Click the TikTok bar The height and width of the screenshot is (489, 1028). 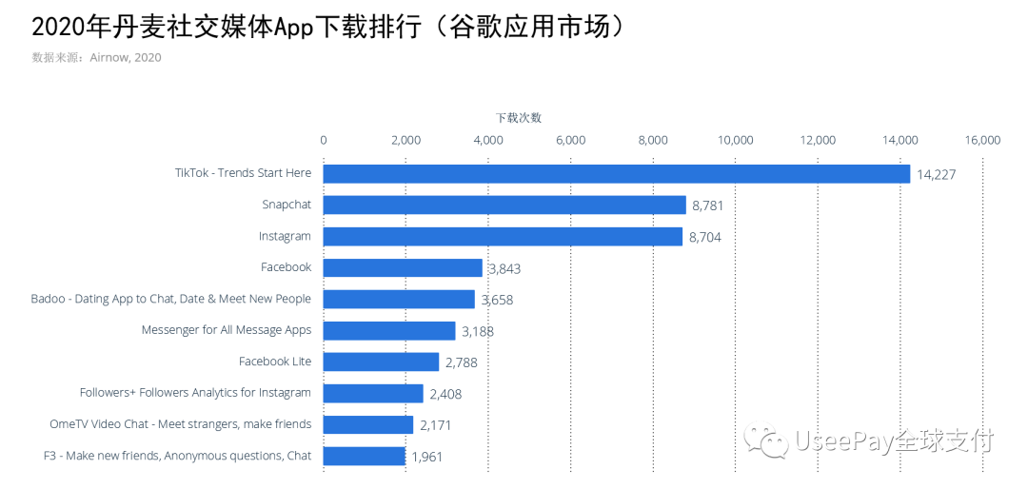click(x=617, y=173)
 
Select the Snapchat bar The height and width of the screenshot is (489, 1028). click(x=504, y=205)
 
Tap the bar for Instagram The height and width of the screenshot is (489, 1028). click(x=503, y=236)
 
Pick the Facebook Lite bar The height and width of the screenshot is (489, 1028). click(x=381, y=362)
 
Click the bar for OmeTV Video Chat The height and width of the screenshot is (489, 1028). click(x=368, y=424)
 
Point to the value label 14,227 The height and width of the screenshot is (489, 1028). click(x=936, y=174)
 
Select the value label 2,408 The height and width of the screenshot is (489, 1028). click(x=445, y=394)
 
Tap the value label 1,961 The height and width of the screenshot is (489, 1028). click(x=426, y=457)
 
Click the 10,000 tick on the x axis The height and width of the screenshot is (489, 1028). click(x=736, y=140)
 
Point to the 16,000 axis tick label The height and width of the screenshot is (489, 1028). click(x=982, y=140)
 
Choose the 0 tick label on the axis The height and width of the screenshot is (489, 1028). click(x=324, y=140)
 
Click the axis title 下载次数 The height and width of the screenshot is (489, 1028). click(x=519, y=118)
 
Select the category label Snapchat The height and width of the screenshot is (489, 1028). click(x=287, y=205)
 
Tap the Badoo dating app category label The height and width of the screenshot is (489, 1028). click(x=171, y=299)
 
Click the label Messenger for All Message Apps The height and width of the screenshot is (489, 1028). click(x=227, y=330)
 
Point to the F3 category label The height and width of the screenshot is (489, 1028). click(x=178, y=456)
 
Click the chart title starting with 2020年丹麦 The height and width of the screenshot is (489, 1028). click(x=328, y=27)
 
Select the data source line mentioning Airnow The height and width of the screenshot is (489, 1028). click(x=96, y=58)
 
